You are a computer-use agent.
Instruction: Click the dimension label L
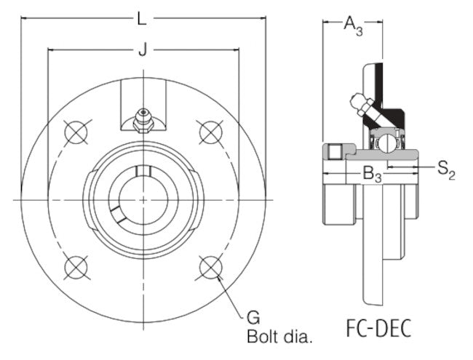143,19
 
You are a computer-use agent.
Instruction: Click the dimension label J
143,49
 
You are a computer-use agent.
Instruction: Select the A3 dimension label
353,28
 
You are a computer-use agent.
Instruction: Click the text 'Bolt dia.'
280,337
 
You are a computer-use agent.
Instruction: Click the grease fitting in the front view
143,120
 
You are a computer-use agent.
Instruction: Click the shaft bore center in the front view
143,199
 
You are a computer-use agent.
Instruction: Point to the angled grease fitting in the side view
360,105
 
